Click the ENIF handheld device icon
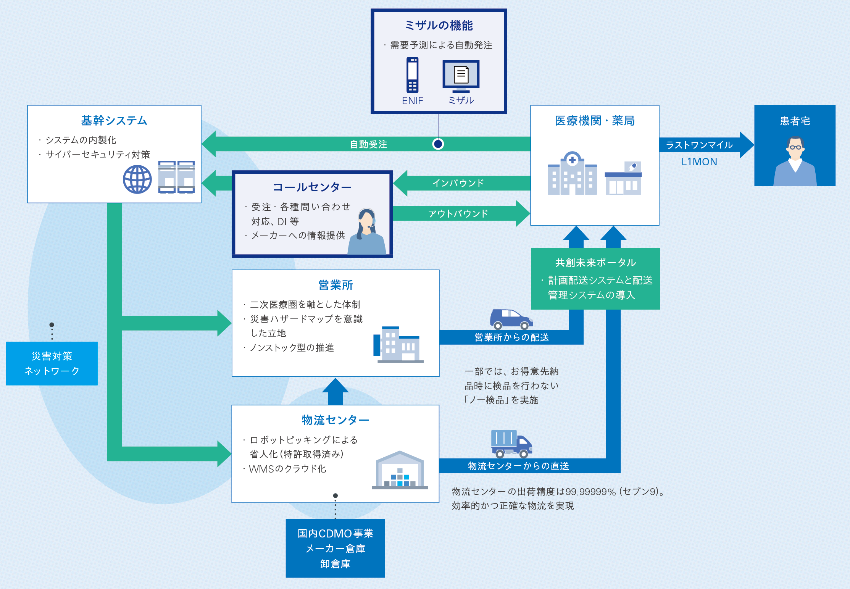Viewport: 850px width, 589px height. pos(412,75)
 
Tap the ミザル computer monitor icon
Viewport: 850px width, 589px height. pos(461,76)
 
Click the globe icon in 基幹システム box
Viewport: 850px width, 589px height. pos(137,179)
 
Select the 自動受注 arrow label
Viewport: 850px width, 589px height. pos(368,144)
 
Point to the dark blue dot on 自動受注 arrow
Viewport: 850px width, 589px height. pos(438,144)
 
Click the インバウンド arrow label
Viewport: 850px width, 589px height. pos(458,183)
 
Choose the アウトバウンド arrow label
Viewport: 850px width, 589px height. pos(458,213)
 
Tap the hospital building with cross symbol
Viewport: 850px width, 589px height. pos(572,174)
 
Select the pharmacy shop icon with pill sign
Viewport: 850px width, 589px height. pos(623,178)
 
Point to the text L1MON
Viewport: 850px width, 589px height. pos(699,162)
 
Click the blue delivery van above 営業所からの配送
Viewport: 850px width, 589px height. pos(511,319)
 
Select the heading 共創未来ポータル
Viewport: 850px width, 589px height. pos(595,263)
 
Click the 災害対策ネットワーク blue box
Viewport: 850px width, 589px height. pos(52,363)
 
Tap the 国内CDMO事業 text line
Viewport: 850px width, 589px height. pos(335,533)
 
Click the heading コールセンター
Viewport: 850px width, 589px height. pos(312,187)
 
